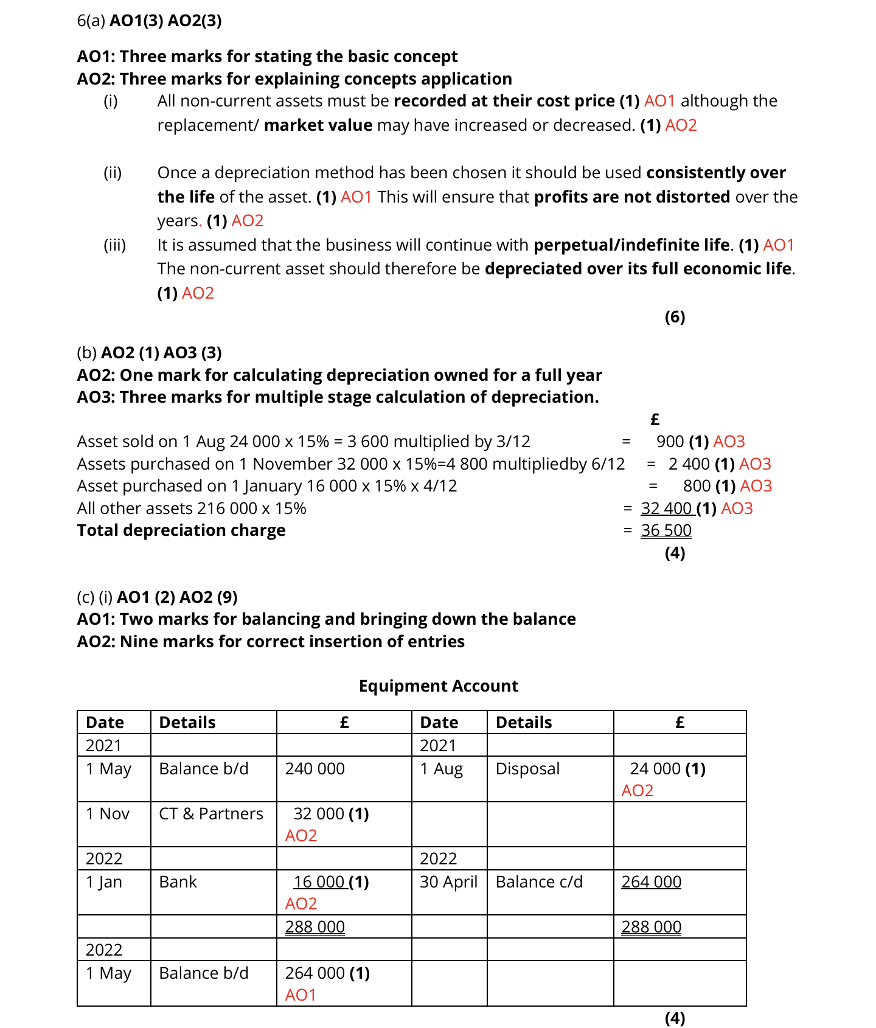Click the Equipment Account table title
pos(438,686)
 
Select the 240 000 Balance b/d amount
pos(315,769)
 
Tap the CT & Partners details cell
pos(210,814)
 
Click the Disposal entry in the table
pos(527,769)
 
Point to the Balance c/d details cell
pos(539,882)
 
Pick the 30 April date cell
pos(448,882)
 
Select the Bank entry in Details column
pos(178,882)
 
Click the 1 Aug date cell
pos(441,769)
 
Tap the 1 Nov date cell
pos(108,814)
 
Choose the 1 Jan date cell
pos(104,882)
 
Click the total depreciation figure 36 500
pos(666,530)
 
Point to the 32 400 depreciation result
pos(666,509)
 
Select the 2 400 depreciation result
pos(689,464)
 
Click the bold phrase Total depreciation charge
pos(181,530)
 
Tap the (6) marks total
pos(675,317)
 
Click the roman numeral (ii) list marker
pos(113,173)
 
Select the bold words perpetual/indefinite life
pos(631,245)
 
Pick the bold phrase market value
pos(318,125)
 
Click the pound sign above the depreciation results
pos(655,420)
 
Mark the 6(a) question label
pos(91,21)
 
